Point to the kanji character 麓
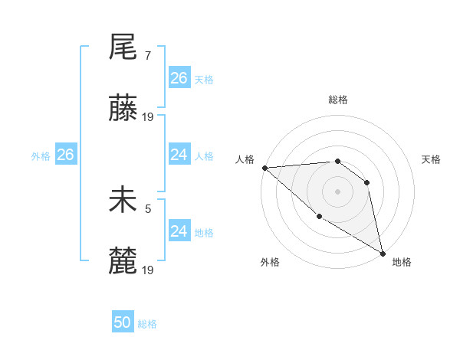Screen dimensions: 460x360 click(x=123, y=260)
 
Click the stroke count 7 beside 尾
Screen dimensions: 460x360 click(x=147, y=56)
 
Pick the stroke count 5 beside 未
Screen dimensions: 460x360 click(x=148, y=207)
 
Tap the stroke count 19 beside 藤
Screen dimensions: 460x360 click(x=149, y=116)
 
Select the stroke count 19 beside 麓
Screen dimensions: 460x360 click(x=149, y=269)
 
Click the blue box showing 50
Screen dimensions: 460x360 click(x=123, y=322)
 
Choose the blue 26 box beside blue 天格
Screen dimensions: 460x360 click(x=179, y=78)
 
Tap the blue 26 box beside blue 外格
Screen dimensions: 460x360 click(x=65, y=155)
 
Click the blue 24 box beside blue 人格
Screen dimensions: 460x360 click(x=179, y=155)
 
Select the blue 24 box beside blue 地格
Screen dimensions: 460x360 click(x=179, y=231)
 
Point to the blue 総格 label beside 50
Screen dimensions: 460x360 click(x=148, y=324)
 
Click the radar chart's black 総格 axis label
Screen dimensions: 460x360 click(x=337, y=100)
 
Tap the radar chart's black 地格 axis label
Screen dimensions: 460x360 click(x=402, y=262)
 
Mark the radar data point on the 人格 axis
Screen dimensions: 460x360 click(x=264, y=168)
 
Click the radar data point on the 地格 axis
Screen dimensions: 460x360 click(x=383, y=253)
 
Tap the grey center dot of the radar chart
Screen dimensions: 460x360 click(x=337, y=191)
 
